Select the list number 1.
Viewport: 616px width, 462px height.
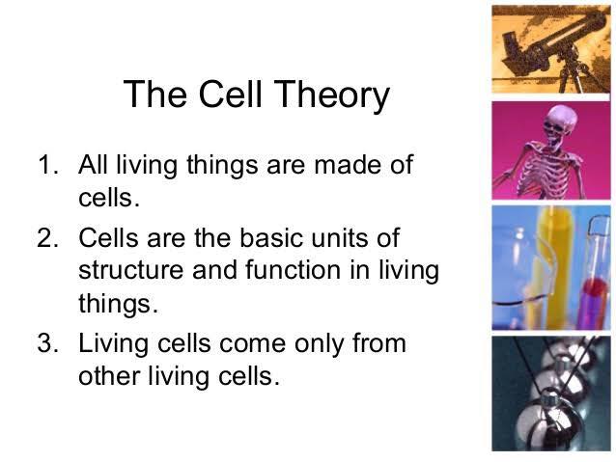[48, 164]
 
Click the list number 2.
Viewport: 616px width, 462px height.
[48, 237]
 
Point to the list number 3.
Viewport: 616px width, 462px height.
[48, 342]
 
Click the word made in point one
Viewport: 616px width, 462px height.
[348, 164]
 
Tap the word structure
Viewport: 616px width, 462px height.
[130, 270]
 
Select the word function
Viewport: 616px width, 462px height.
[294, 270]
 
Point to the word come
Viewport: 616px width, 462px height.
[252, 344]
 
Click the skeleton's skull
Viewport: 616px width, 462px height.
[561, 122]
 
